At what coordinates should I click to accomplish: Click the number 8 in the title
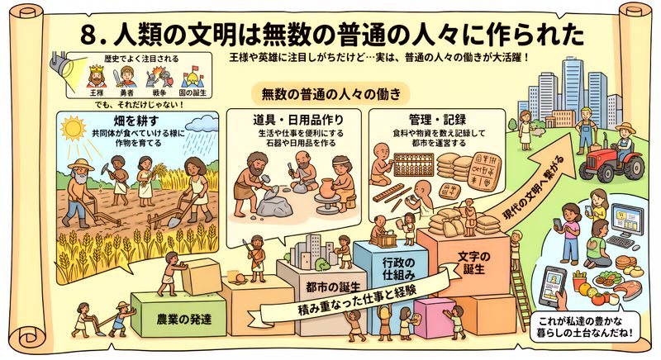(89, 36)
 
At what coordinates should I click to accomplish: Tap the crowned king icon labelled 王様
(97, 76)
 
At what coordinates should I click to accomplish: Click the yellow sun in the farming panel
(73, 128)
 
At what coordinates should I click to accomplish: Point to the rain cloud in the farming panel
(202, 124)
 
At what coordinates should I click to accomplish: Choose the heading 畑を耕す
(136, 121)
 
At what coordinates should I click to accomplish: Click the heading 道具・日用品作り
(297, 120)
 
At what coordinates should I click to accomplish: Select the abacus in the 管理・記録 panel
(414, 164)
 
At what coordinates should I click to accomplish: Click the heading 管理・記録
(437, 120)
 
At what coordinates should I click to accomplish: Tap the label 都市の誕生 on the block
(333, 287)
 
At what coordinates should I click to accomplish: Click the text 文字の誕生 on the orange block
(473, 263)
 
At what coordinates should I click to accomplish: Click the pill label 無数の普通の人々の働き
(330, 93)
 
